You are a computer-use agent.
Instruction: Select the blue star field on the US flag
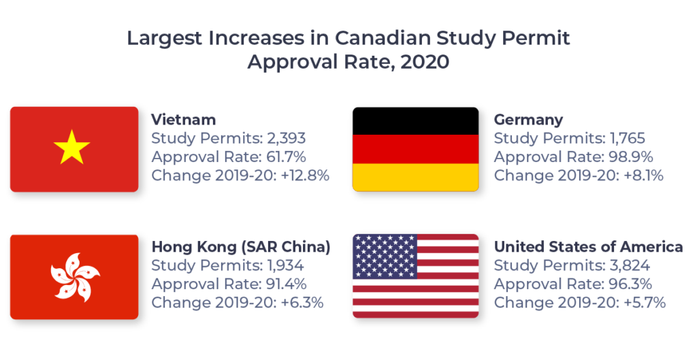pos(385,256)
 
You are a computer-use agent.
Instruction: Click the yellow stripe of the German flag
pos(415,178)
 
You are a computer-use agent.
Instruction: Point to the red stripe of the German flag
pos(415,149)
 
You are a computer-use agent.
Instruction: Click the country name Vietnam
pos(184,120)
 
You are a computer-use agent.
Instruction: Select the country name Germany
pos(528,120)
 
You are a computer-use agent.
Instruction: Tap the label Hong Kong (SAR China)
pos(241,247)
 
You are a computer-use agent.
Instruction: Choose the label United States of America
pos(588,247)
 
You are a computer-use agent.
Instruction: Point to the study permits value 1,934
pos(284,265)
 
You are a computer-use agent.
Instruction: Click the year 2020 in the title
pos(425,62)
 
